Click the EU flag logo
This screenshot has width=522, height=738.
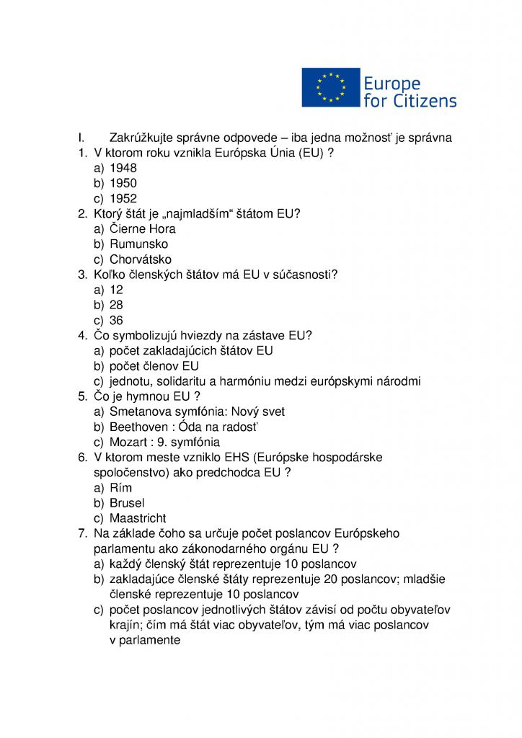331,87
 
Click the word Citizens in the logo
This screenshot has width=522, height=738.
425,100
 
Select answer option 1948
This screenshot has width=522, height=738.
123,168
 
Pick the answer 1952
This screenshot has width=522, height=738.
123,198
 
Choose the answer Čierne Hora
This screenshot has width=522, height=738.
143,229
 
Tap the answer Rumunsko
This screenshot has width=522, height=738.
139,244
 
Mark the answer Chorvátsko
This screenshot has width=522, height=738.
141,259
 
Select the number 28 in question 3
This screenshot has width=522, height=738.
116,305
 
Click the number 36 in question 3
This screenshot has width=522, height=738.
116,320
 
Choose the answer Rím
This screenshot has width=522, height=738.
121,488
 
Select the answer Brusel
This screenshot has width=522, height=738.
127,503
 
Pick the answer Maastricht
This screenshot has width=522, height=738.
138,518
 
